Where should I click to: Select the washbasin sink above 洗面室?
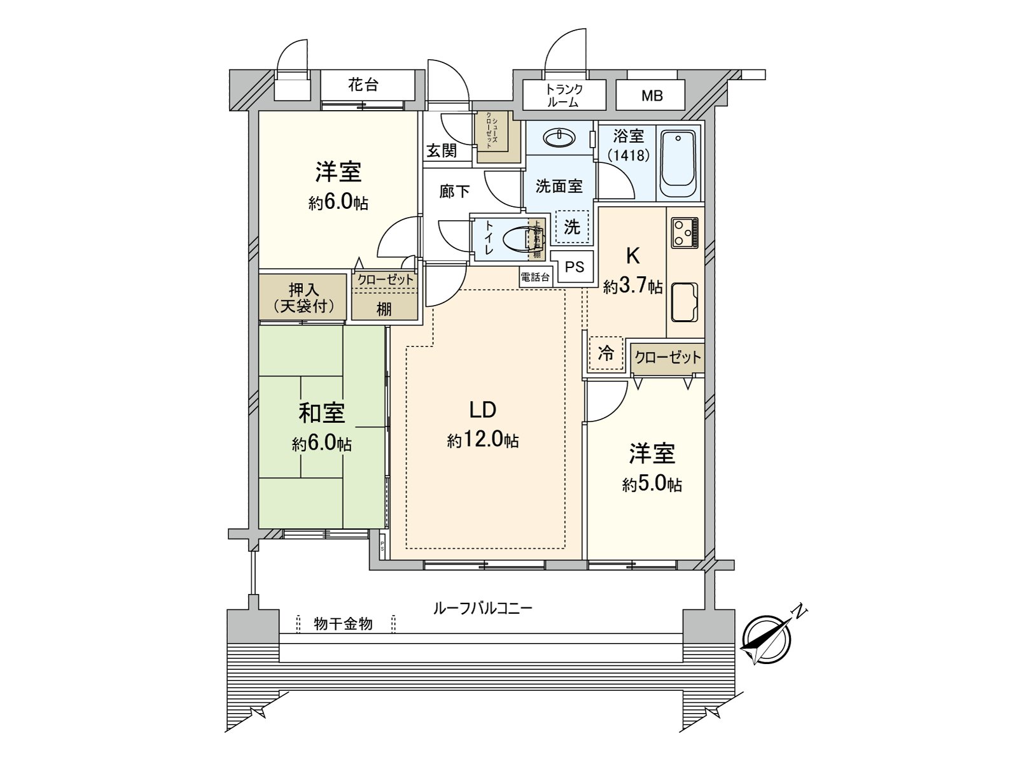pos(560,138)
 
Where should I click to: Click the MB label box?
pos(652,96)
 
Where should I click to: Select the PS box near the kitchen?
pos(575,267)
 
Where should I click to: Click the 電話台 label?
pos(536,277)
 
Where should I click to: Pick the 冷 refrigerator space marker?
pos(606,353)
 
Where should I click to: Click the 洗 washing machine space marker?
pos(572,227)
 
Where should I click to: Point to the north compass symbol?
pos(768,639)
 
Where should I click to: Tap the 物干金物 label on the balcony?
pos(344,624)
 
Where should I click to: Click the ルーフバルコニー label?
pos(482,608)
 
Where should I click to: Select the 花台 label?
pos(363,85)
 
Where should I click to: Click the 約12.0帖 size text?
pos(482,440)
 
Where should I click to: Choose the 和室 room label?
pos(322,414)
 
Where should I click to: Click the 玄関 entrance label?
pos(442,151)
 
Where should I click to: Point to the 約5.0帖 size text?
pos(652,485)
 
